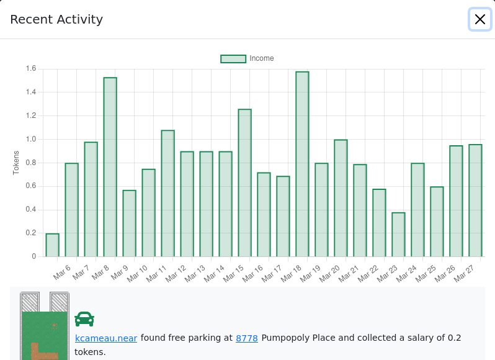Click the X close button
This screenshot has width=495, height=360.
coord(480,19)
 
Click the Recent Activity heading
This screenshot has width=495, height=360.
coord(56,19)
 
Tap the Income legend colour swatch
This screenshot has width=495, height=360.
coord(233,59)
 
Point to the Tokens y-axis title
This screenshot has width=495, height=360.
coord(16,163)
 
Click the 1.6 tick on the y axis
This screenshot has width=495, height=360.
coord(31,68)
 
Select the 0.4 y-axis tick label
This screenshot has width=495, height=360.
coord(31,209)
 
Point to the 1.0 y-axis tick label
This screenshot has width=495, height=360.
coord(31,139)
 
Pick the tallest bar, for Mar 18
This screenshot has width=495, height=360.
coord(302,164)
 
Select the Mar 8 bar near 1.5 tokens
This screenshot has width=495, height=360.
coord(110,167)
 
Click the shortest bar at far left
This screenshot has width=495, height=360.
coord(52,245)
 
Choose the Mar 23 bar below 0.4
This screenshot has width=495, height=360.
coord(398,235)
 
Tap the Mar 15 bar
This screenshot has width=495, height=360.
coord(244,183)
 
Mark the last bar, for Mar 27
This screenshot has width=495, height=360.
coord(475,200)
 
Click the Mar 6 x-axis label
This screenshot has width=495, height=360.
coord(61,272)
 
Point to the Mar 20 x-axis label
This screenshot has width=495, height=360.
coord(329,274)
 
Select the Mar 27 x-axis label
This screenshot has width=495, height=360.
coord(464,274)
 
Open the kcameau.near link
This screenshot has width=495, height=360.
coord(106,338)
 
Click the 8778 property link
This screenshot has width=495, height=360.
coord(247,338)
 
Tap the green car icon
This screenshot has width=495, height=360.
coord(84,319)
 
